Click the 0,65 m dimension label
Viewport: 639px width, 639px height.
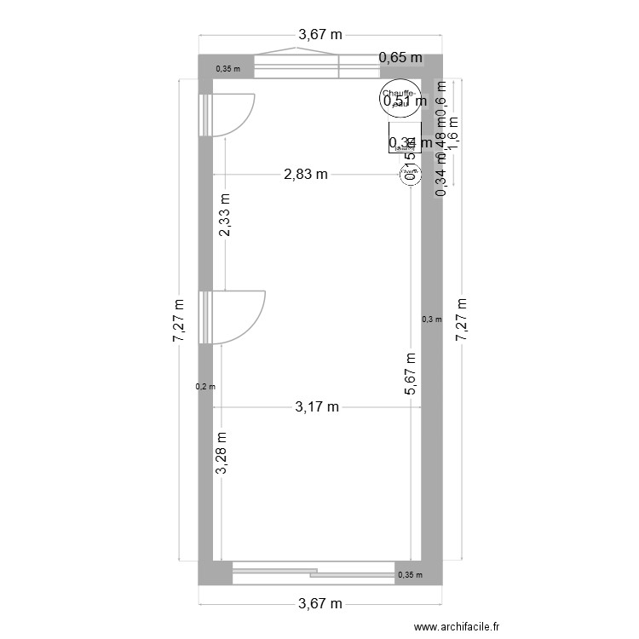[400, 58]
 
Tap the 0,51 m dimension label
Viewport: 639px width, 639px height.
[405, 101]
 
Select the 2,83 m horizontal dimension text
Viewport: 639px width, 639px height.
[306, 175]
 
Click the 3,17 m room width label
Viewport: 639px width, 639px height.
[317, 406]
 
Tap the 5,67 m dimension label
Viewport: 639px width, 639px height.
[410, 374]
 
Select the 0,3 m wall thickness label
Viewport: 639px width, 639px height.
[432, 319]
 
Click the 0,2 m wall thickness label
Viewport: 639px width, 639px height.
[205, 387]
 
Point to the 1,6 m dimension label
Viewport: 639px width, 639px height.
[453, 132]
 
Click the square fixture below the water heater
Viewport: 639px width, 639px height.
[405, 138]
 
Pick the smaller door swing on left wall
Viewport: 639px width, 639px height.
[231, 114]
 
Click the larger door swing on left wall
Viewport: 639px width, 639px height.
[236, 317]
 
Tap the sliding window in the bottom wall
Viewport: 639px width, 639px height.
[313, 573]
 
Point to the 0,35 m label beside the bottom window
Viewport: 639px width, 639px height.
[409, 576]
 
